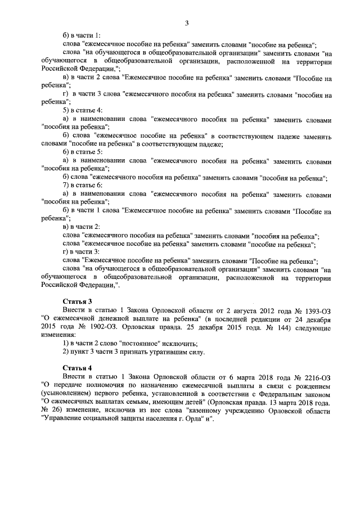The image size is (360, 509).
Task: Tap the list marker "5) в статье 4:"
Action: tap(83, 110)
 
